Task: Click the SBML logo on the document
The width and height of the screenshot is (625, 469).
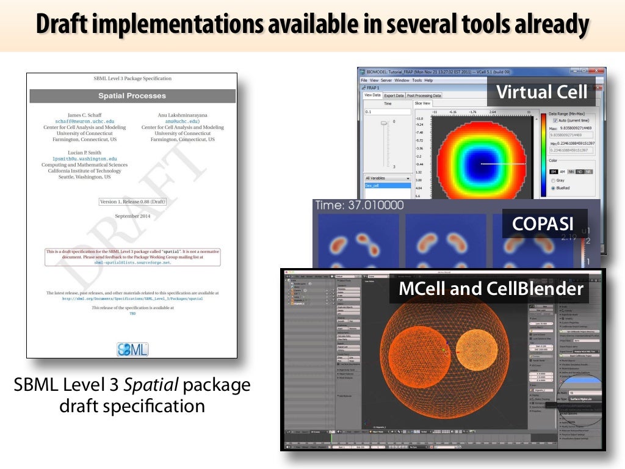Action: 132,349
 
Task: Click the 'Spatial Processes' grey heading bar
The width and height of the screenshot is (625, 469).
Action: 132,96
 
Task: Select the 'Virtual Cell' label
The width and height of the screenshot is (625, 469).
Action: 542,92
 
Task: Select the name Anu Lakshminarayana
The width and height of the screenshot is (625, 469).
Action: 182,114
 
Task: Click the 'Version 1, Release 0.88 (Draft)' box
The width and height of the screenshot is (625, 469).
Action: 132,202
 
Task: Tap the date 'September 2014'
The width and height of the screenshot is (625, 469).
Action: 132,216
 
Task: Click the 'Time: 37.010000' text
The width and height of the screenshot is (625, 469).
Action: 351,206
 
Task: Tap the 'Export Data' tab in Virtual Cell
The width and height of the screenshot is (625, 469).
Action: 394,95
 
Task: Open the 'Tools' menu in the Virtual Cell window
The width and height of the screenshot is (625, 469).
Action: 417,80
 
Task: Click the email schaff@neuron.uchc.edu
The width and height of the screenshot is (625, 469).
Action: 85,121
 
